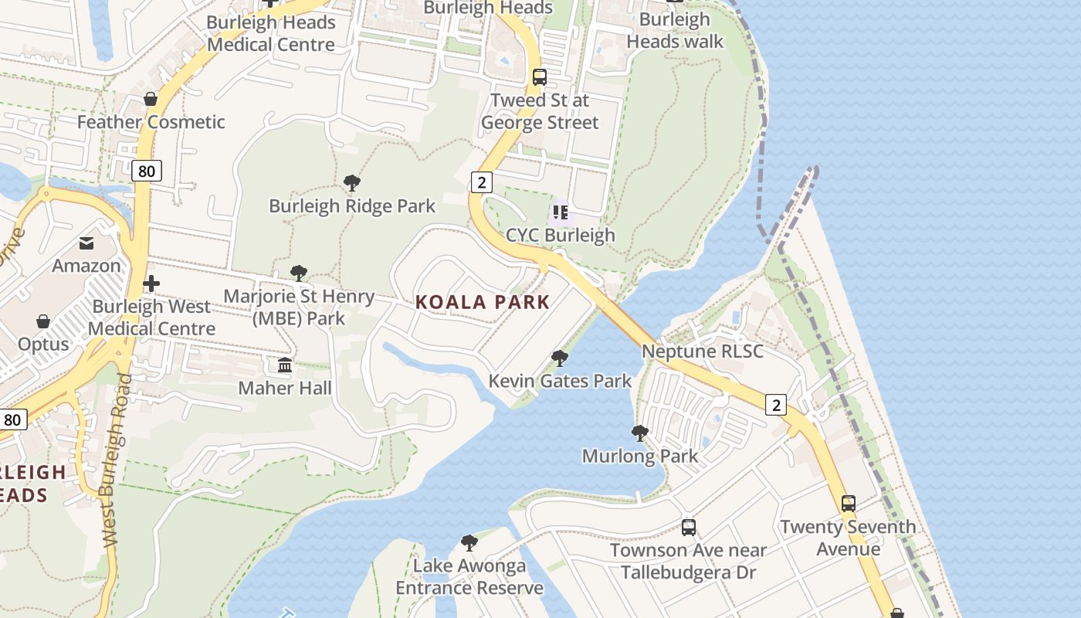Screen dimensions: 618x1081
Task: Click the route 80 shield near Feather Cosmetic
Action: pos(146,171)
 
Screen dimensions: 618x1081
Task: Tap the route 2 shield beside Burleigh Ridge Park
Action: pos(481,182)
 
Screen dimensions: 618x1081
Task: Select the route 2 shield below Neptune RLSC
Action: pos(776,404)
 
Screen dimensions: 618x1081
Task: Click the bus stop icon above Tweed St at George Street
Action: pos(540,77)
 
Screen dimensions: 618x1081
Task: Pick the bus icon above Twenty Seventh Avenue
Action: pos(848,504)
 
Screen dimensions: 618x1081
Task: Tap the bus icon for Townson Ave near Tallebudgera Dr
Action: pos(688,528)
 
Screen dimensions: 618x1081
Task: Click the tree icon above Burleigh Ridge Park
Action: pos(352,183)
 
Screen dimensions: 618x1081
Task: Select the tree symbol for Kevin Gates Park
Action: pos(560,358)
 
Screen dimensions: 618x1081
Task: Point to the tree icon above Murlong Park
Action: pos(639,433)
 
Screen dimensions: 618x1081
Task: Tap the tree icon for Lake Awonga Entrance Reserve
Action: pos(469,543)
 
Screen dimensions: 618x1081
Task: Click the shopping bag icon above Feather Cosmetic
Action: pos(151,99)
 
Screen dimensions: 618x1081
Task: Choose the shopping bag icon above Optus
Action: pos(44,321)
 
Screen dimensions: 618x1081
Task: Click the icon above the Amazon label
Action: pos(86,243)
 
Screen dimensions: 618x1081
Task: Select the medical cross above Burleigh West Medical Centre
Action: pos(151,284)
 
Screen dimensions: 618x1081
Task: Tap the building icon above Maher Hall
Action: pos(285,365)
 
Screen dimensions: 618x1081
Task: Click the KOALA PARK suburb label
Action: pos(483,302)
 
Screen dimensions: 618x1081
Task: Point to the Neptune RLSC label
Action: pos(703,351)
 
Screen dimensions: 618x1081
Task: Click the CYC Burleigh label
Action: pos(561,235)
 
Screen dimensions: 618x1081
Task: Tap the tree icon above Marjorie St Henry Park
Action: pos(299,273)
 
